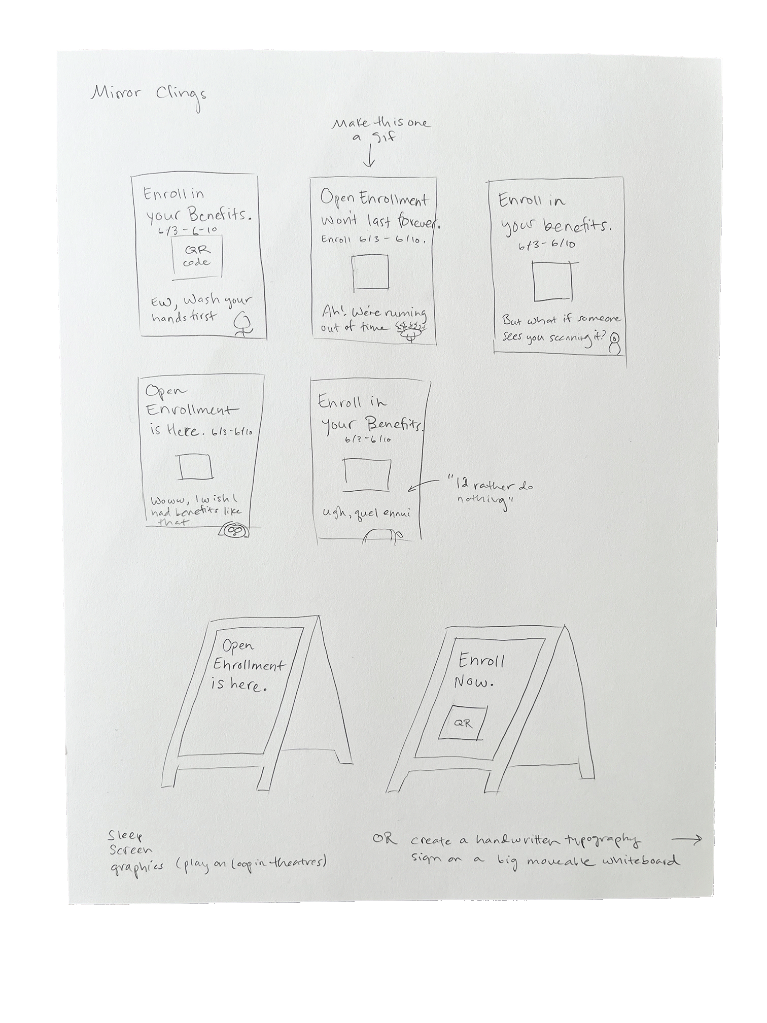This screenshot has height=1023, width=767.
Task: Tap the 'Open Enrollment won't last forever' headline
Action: click(378, 211)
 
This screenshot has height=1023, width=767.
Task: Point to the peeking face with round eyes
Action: click(233, 530)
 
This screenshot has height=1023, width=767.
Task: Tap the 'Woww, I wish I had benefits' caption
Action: click(195, 510)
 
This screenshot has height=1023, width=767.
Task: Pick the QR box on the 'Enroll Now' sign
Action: click(463, 723)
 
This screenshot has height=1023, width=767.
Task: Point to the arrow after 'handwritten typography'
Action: click(689, 839)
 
